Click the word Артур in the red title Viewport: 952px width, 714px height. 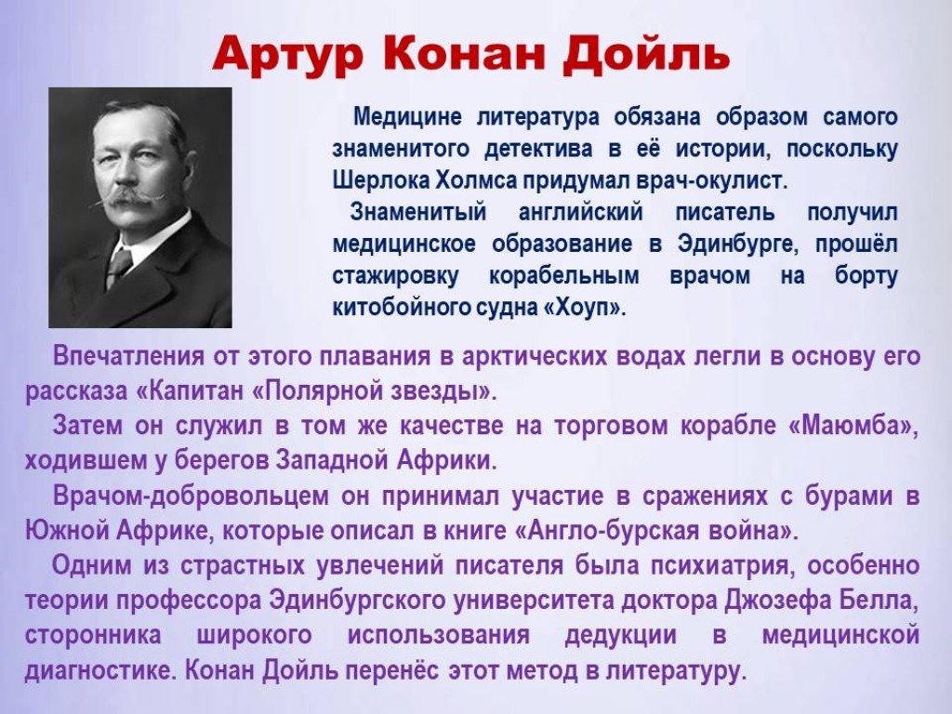(x=288, y=56)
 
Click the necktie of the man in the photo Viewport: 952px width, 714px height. (x=118, y=266)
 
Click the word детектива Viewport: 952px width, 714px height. (x=538, y=149)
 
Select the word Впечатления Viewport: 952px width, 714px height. (x=128, y=356)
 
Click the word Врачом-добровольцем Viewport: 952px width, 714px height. (x=191, y=496)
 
